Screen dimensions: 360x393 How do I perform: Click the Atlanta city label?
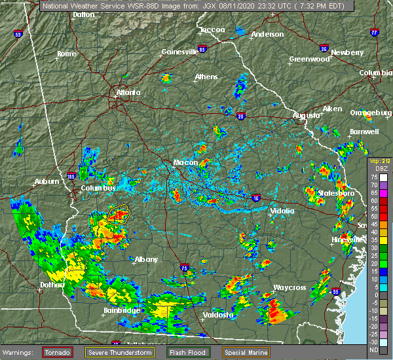coord(128,92)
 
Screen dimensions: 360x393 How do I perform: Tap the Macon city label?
coord(181,162)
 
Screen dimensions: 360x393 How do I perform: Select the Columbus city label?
coord(98,189)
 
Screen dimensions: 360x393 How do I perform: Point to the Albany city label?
coord(146,259)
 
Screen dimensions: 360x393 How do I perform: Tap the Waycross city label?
coord(290,287)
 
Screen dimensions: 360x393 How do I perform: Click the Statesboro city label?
coord(336,194)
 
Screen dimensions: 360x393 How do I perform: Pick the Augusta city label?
coord(307,115)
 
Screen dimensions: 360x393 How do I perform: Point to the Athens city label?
coord(206,77)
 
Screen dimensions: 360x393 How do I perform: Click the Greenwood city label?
coord(309,59)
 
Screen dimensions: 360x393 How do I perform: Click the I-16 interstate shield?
coord(255,195)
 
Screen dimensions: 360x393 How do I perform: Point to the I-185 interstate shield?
coord(70,175)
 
